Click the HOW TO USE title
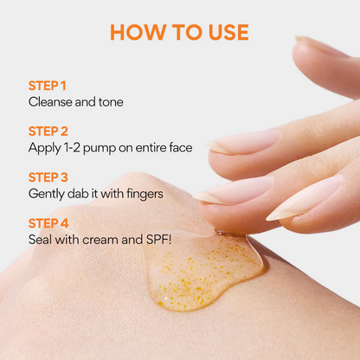point(179,32)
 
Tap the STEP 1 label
point(48,86)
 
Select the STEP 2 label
point(48,132)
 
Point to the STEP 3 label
point(48,177)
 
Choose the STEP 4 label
point(48,223)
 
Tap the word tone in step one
point(111,102)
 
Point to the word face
point(181,147)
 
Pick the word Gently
point(47,194)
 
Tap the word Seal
point(40,240)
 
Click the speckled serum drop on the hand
point(202,270)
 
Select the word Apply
point(45,148)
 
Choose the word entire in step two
point(151,148)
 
